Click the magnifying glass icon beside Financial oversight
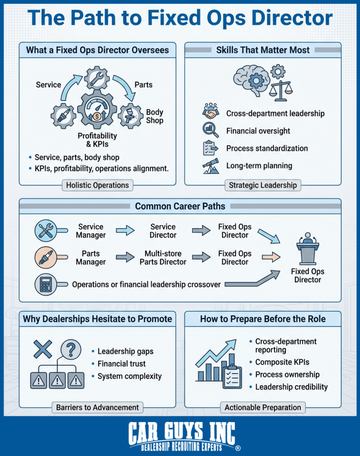pos(210,130)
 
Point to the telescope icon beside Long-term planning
pos(210,166)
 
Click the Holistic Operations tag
pos(97,185)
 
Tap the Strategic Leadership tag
pos(262,185)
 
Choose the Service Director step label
pos(163,231)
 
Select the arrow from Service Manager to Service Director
pos(124,231)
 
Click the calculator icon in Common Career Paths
pos(45,284)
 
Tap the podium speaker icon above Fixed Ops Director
pos(307,250)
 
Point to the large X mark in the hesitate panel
pos(43,349)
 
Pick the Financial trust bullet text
pos(122,363)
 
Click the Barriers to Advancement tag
pos(97,407)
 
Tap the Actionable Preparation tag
pos(262,407)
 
